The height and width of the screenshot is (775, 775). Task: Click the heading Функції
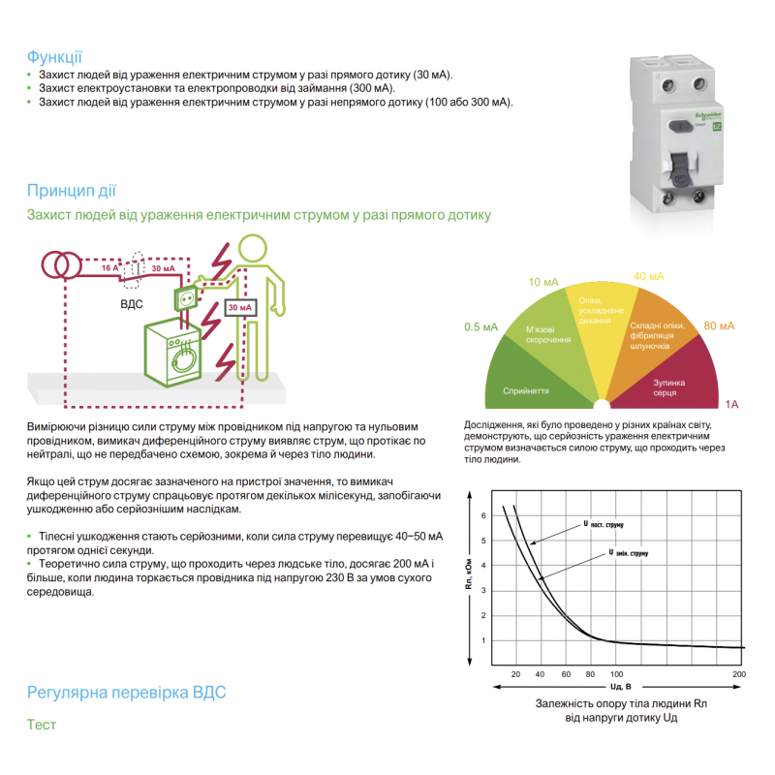tap(54, 56)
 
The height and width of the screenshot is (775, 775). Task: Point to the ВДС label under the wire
tap(131, 303)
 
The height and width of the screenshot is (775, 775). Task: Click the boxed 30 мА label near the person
tap(239, 308)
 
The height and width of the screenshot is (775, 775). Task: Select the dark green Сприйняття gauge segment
tap(527, 384)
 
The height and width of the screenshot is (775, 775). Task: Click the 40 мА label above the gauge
tap(649, 277)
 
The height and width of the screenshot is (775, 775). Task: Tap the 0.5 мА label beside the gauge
tap(480, 327)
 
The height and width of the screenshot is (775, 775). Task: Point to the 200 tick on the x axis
tap(739, 673)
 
